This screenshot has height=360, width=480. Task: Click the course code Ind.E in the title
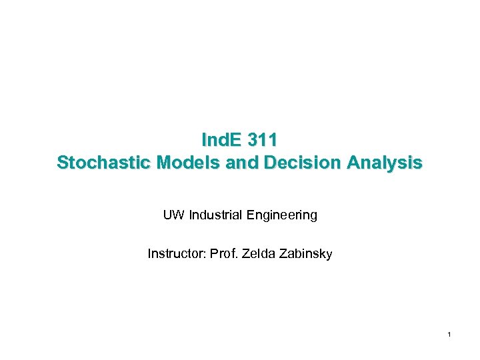click(221, 140)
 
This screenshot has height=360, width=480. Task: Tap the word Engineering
click(282, 215)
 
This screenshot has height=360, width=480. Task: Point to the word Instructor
click(176, 253)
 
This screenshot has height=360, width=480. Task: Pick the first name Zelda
click(256, 253)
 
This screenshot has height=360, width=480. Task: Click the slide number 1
click(450, 333)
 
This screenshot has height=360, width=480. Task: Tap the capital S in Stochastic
click(63, 163)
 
